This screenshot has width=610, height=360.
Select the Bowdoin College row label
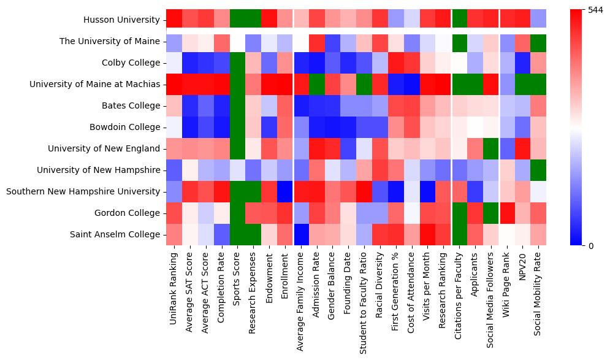[126, 128]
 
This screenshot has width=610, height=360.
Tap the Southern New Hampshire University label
[83, 191]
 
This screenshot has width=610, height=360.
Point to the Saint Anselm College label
[115, 234]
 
